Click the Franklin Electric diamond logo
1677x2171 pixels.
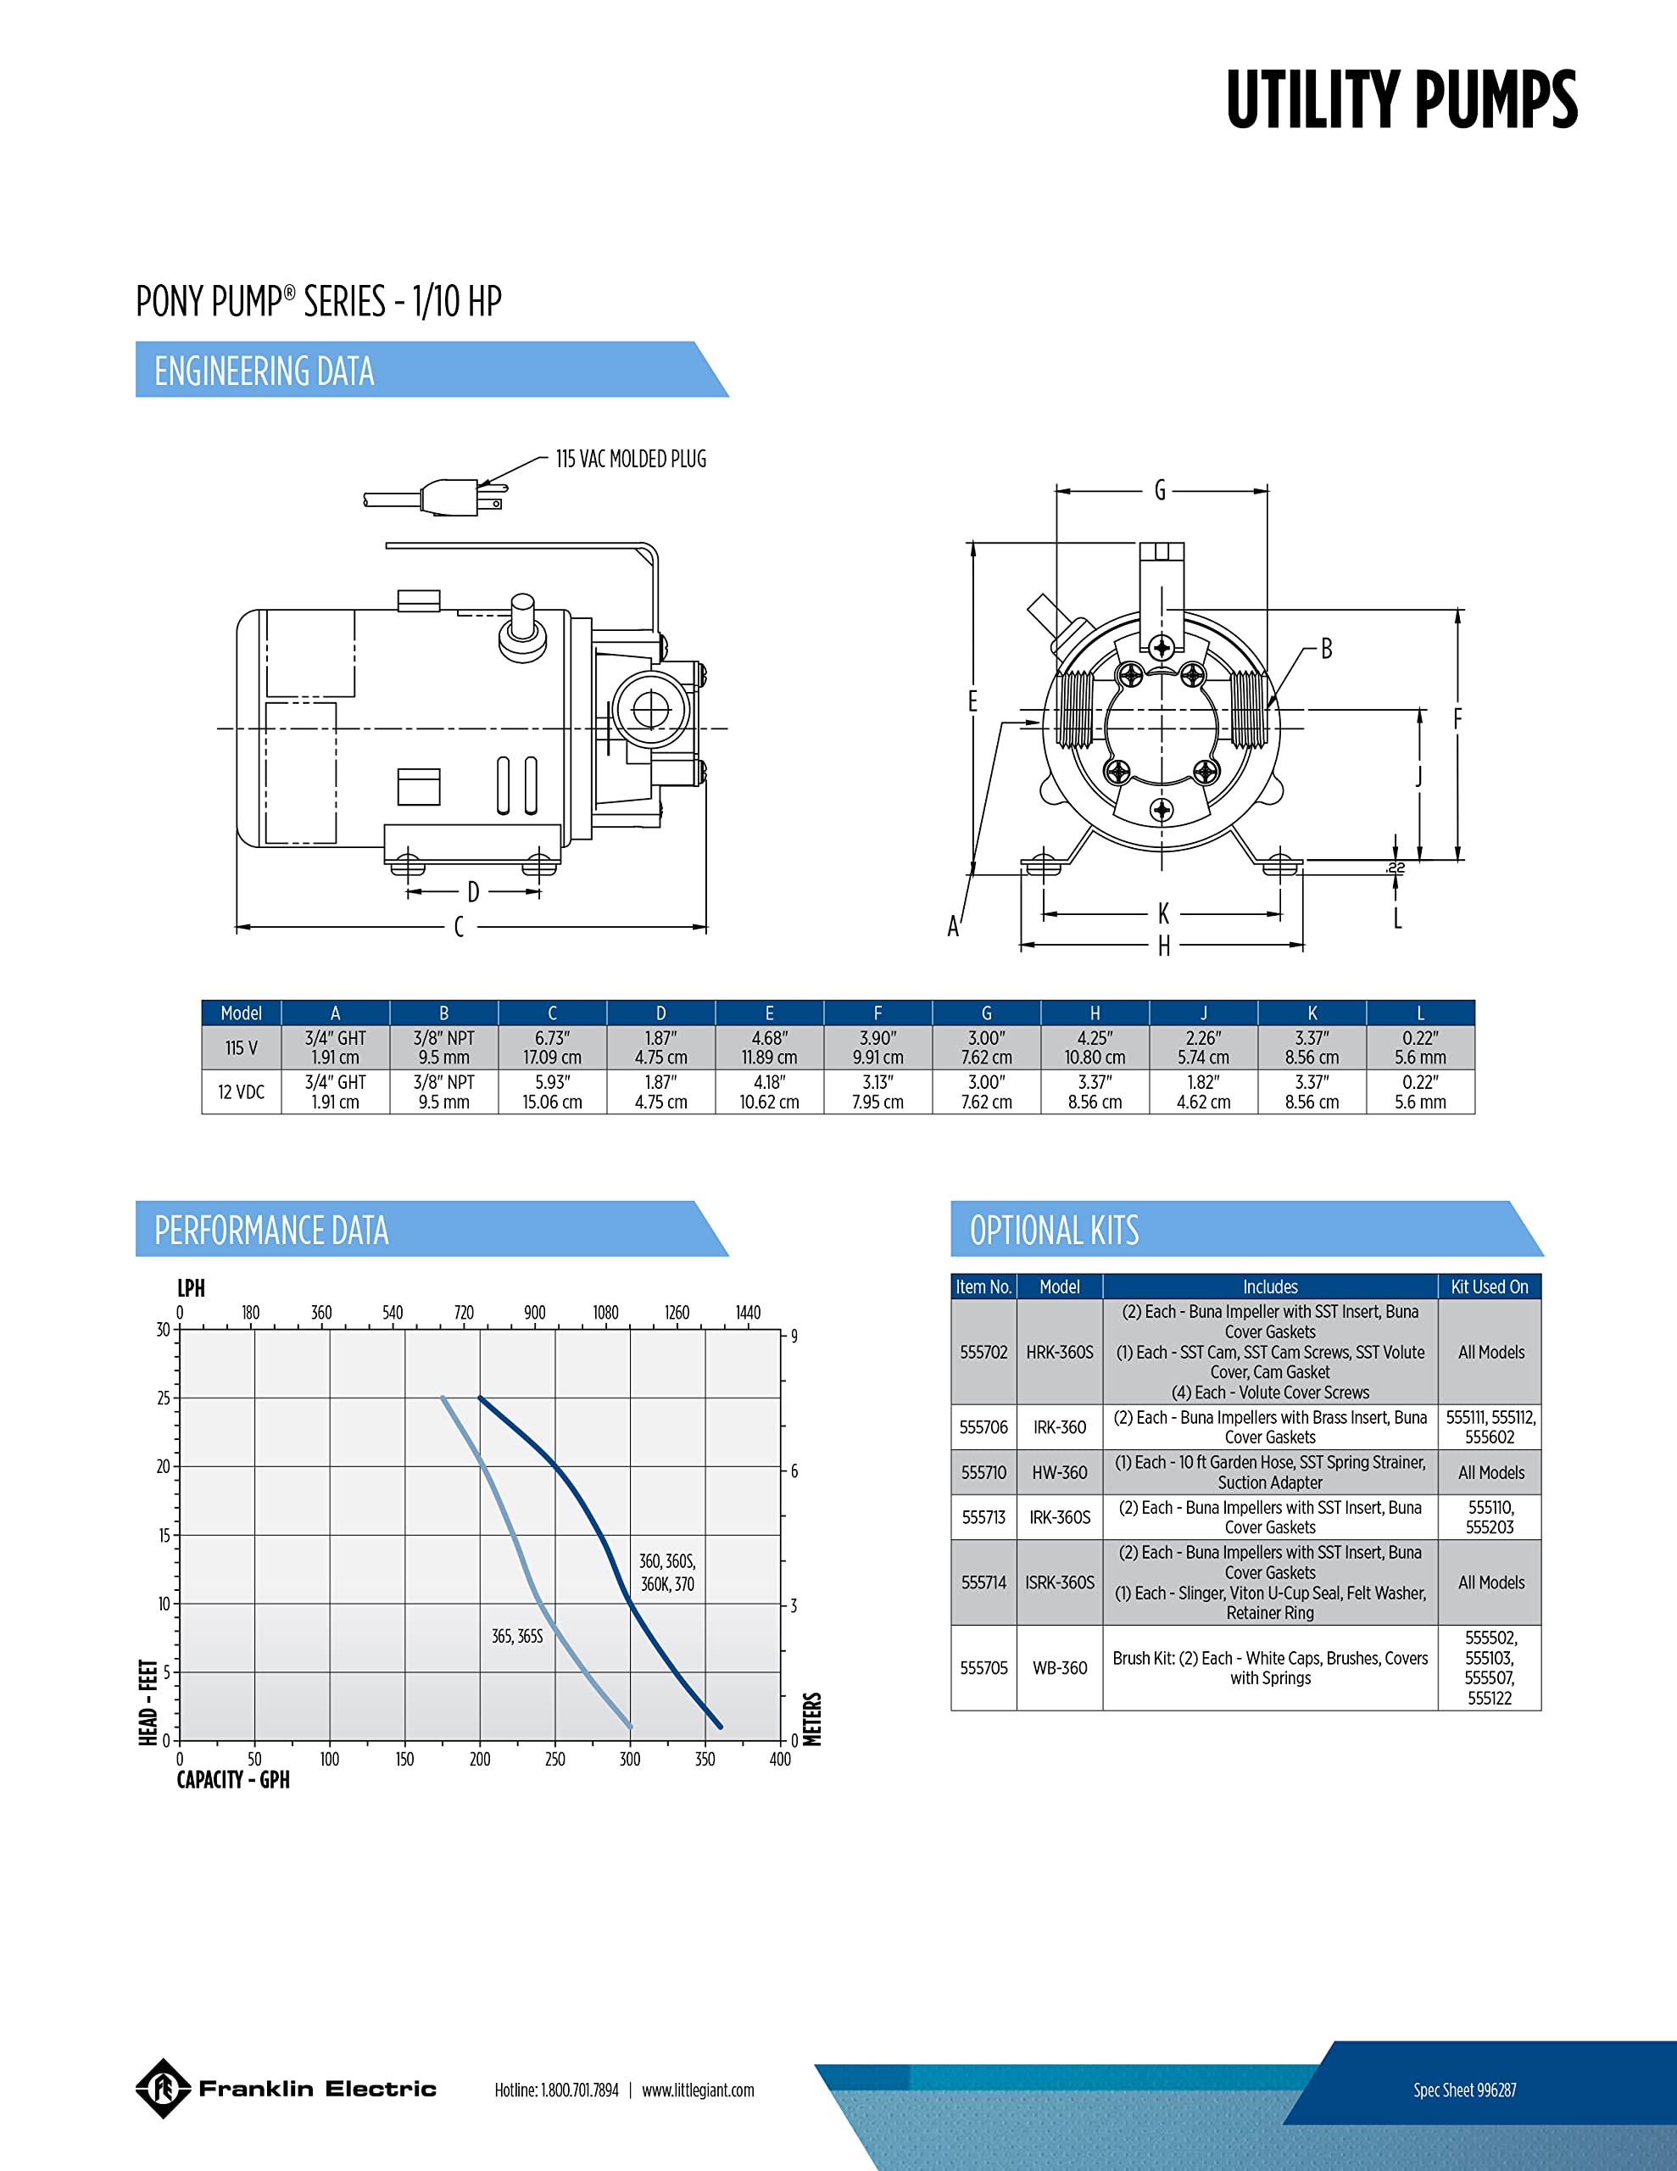coord(163,2089)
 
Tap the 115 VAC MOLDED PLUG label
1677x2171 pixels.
coord(632,460)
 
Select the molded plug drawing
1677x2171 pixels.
coord(436,496)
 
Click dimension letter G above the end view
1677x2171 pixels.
coord(1160,490)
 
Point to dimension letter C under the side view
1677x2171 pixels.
coord(460,926)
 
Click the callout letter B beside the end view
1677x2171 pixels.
coord(1326,649)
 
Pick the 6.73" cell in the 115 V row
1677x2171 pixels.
coord(553,1047)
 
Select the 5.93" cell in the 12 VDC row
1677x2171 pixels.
coord(553,1091)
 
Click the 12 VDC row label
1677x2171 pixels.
coord(242,1091)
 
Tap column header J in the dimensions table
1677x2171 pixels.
coord(1204,1013)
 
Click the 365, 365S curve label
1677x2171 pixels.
coord(518,1636)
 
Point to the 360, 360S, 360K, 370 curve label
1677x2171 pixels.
coord(668,1572)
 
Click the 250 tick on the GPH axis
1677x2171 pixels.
coord(554,1760)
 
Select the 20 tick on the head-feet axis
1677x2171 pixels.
coord(164,1466)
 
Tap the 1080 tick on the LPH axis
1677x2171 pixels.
coord(606,1312)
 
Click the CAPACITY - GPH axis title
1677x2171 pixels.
coord(234,1780)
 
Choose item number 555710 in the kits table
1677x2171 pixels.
coord(984,1472)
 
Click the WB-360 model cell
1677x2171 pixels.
coord(1060,1668)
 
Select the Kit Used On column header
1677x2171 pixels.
coord(1489,1286)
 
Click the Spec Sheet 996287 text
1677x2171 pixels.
coord(1465,2090)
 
